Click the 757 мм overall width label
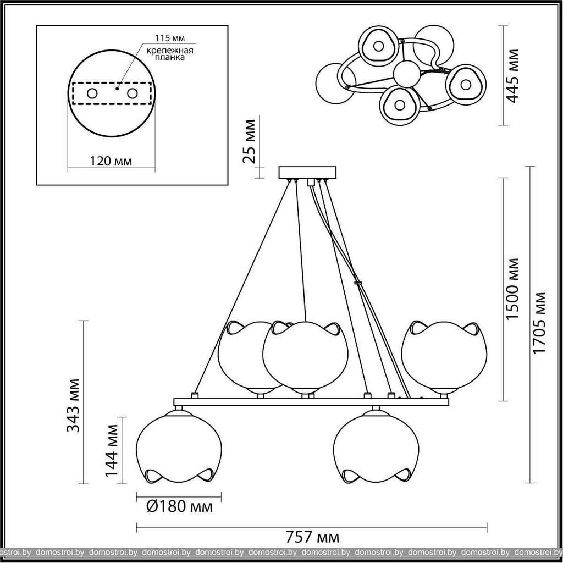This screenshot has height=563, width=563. (x=312, y=537)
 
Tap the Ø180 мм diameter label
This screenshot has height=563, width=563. (x=180, y=506)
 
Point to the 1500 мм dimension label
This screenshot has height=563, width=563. (x=512, y=289)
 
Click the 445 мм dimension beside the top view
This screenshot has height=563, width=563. (x=512, y=76)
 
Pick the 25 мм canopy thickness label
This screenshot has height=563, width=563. (x=249, y=141)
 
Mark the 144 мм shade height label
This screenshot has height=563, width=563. (x=112, y=450)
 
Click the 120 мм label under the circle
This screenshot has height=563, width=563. (x=111, y=161)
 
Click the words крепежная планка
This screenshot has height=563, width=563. (x=169, y=53)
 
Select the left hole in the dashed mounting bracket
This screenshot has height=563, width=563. (x=92, y=93)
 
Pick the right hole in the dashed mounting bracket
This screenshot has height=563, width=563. (x=132, y=93)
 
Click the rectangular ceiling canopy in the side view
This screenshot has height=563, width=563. (x=307, y=172)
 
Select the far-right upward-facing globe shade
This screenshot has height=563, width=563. (x=444, y=356)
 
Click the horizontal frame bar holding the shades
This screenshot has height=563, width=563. (x=311, y=402)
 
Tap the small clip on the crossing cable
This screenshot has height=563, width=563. (x=357, y=283)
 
